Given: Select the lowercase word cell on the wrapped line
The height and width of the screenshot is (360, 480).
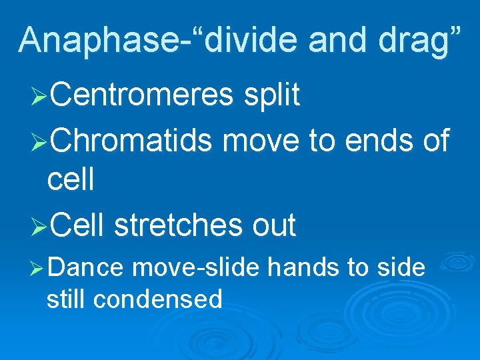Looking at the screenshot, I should click(x=70, y=180).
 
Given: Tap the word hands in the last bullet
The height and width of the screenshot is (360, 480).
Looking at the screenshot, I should click(x=304, y=267).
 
